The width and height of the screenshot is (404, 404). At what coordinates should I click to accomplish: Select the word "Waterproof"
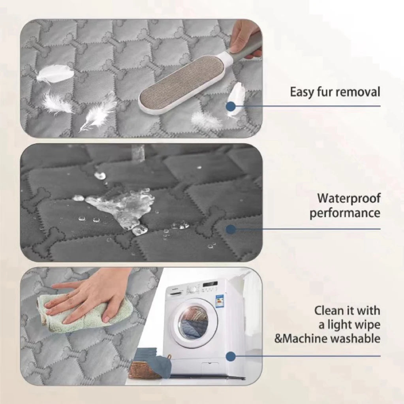click(x=349, y=198)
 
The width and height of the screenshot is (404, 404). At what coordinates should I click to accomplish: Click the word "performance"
click(x=345, y=214)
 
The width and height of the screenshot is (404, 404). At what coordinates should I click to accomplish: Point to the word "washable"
click(x=359, y=338)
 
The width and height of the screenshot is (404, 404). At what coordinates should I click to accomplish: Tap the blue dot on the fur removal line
click(x=231, y=106)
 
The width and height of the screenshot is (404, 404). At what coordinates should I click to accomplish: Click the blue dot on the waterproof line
click(x=231, y=229)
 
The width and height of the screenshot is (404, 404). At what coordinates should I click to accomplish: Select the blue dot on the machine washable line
click(x=231, y=357)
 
